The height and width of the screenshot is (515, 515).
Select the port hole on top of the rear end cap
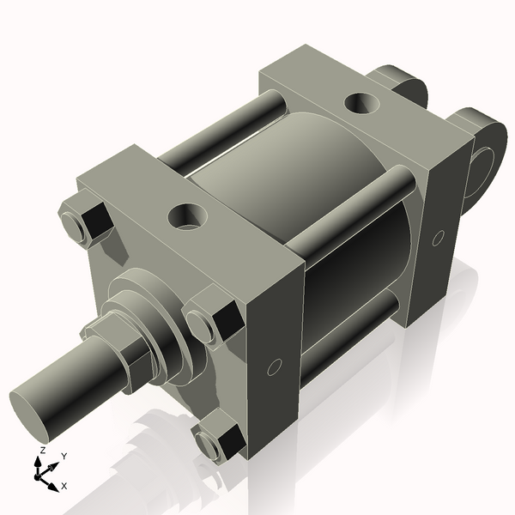[361, 105]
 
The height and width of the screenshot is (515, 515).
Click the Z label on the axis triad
[42, 451]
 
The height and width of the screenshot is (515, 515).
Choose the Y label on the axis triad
[64, 456]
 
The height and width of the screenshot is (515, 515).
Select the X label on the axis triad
[64, 486]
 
